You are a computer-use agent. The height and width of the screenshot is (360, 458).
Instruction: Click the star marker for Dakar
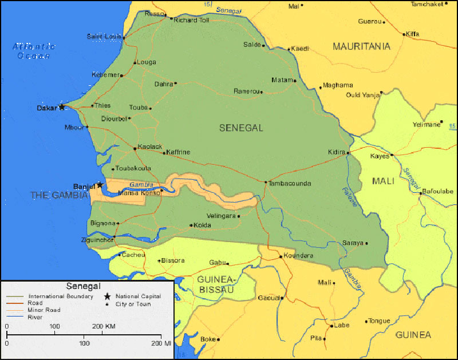coord(62,107)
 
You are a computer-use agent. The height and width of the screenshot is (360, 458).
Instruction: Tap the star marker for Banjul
coord(100,185)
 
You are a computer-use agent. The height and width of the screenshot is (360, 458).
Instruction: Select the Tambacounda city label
coord(291,184)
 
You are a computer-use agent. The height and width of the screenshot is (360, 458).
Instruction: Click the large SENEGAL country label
coord(241,128)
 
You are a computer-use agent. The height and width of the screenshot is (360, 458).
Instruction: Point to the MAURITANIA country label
coord(361,46)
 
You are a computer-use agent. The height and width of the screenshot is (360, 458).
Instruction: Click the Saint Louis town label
coord(104,37)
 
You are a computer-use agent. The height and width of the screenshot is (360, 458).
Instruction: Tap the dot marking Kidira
coord(348,153)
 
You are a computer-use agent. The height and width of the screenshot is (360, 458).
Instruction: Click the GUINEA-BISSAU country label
coord(216,284)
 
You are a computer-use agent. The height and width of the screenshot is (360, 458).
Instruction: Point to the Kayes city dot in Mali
coord(392,155)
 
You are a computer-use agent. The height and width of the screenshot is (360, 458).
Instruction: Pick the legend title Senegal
coord(83,286)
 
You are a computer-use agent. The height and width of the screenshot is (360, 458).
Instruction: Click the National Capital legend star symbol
coord(106,296)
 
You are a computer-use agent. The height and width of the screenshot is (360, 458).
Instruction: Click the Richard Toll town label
coord(192,20)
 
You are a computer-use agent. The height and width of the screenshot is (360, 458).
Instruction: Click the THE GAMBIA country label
coord(60,195)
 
